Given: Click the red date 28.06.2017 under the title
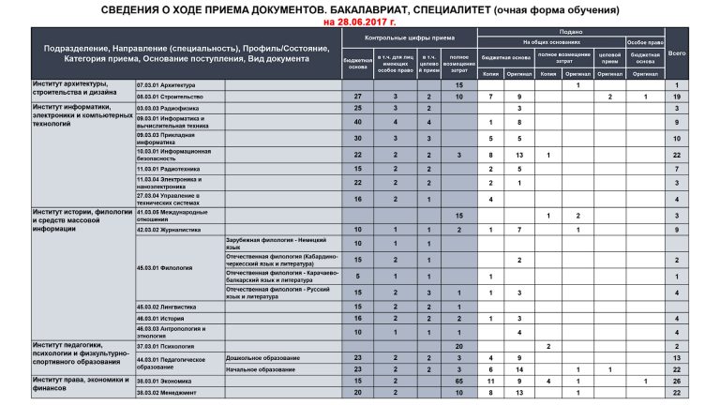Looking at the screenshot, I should click(x=360, y=21).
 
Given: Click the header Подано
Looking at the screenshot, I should click(x=570, y=31).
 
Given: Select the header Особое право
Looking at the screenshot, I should click(x=645, y=42).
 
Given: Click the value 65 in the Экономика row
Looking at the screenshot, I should click(x=459, y=382).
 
